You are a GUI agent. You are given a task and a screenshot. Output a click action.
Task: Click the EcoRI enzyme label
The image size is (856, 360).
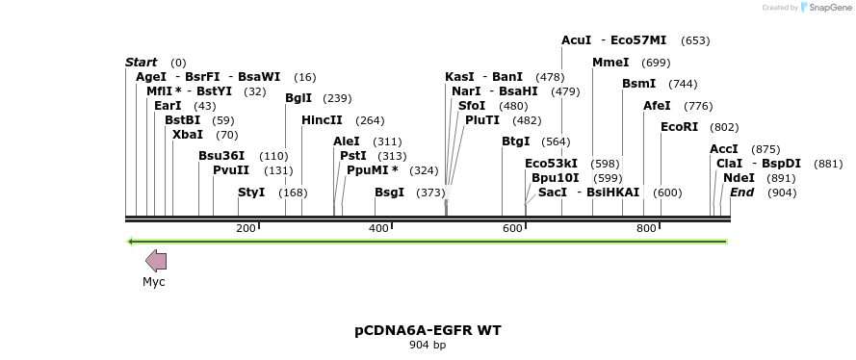click(x=679, y=127)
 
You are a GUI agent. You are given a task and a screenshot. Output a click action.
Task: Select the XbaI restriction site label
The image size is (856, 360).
click(x=187, y=135)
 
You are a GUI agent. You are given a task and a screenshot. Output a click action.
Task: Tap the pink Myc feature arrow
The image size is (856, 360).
click(x=156, y=260)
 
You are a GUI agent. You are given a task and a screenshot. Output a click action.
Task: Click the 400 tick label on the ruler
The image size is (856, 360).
click(x=377, y=228)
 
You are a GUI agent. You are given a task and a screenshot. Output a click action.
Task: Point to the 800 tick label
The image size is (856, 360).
click(x=645, y=228)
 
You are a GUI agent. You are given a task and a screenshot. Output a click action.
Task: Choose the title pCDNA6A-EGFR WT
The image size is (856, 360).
click(x=428, y=330)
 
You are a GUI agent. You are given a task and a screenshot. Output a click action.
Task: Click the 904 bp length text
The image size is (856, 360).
click(x=428, y=345)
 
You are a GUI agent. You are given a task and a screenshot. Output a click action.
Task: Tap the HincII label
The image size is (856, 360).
click(x=322, y=120)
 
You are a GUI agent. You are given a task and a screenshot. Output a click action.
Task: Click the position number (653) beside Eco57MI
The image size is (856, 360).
click(x=694, y=40)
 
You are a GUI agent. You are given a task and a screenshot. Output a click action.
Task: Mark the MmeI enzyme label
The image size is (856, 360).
click(x=610, y=63)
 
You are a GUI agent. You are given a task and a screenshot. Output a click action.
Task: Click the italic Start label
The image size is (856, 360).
click(x=141, y=63)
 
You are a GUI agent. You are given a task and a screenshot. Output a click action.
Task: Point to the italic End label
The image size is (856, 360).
click(x=741, y=193)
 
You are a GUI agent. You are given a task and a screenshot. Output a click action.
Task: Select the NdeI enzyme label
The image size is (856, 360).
click(x=739, y=178)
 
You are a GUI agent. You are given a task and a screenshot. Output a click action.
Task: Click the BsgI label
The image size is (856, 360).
click(x=389, y=193)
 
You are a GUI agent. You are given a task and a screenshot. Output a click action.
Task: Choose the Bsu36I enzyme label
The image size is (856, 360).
click(x=221, y=156)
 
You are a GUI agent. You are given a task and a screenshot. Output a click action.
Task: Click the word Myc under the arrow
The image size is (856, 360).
click(x=154, y=282)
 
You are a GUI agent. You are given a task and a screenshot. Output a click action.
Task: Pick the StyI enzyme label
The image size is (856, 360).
click(x=251, y=193)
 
